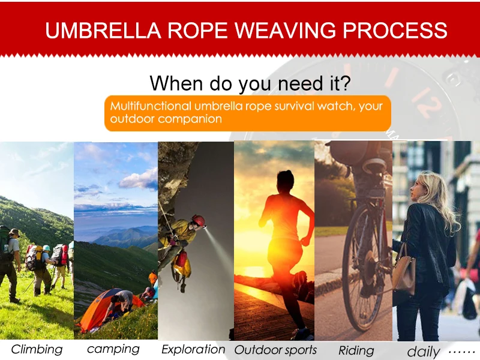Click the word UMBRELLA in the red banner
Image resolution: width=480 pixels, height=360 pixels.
[103, 31]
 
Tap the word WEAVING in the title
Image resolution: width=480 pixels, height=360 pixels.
[286, 31]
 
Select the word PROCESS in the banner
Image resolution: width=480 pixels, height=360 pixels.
[395, 31]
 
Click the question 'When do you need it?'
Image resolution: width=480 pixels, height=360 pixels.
[250, 83]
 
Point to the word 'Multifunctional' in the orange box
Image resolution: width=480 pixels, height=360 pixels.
[151, 106]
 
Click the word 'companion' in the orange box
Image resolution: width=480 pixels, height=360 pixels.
[190, 119]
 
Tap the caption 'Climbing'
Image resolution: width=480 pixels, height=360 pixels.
[37, 350]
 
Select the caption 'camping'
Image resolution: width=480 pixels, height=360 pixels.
[113, 349]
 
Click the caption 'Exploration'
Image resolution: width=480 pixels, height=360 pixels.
[193, 349]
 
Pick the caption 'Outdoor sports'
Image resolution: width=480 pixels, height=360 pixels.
[275, 350]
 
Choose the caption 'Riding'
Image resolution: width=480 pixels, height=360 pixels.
[356, 350]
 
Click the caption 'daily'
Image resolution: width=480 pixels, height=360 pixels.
[424, 352]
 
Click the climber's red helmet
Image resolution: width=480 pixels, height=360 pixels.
[199, 220]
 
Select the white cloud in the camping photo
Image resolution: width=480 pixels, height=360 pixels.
[139, 179]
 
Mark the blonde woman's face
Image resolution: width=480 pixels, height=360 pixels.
[417, 190]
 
